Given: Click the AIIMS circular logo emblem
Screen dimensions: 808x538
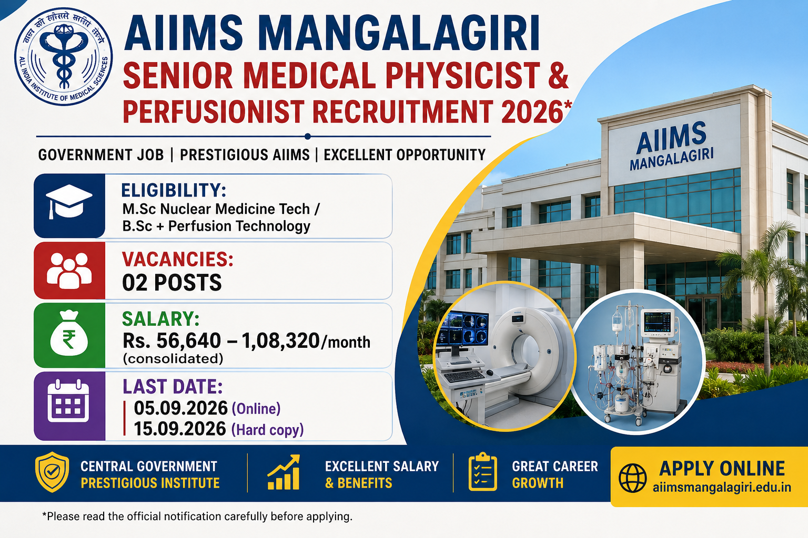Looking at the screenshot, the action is click(x=64, y=57).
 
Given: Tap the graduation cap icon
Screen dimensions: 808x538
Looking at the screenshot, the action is click(x=69, y=201).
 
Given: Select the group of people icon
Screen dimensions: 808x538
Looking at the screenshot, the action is click(x=69, y=270).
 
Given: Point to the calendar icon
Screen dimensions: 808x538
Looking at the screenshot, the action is click(x=68, y=400).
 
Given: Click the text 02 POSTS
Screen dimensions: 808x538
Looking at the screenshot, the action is click(x=171, y=283).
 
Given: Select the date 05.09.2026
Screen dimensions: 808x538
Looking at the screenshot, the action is click(x=181, y=408).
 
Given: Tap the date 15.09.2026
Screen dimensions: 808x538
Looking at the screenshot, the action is click(x=180, y=429).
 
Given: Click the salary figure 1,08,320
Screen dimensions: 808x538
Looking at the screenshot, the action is click(x=280, y=341).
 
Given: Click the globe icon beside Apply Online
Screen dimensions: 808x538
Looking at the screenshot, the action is click(x=632, y=478).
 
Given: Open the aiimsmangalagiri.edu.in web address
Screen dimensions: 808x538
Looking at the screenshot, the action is click(x=722, y=488).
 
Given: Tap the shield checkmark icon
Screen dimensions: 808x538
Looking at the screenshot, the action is click(x=52, y=472).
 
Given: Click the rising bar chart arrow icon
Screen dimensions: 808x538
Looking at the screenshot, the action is click(x=284, y=472).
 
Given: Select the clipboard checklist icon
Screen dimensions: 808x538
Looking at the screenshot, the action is click(x=482, y=472).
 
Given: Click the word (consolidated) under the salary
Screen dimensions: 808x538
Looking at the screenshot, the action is click(x=173, y=359).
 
